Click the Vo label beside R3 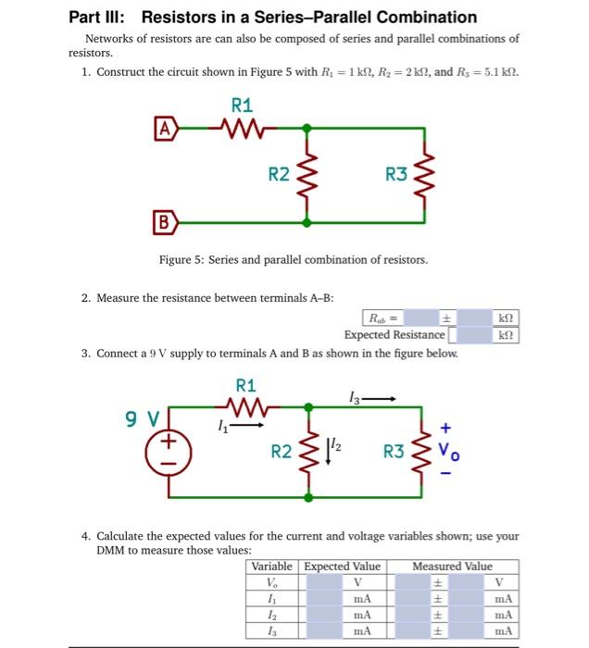pos(448,454)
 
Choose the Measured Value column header pos(452,566)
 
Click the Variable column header pos(271,566)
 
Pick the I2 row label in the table pos(271,614)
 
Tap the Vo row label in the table pos(271,582)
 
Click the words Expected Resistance pos(394,334)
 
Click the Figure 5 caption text pos(294,260)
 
